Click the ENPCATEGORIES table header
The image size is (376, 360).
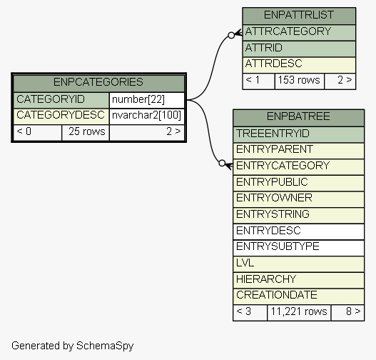pos(98,82)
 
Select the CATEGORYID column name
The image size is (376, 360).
pos(51,99)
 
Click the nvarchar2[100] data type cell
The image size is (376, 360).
pos(146,115)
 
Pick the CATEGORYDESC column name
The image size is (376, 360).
pos(61,115)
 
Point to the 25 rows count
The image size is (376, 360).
pos(87,131)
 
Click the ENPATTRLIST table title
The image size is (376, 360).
pos(299,15)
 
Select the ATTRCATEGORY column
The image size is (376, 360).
pos(288,31)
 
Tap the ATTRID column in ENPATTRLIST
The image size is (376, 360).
pos(263,48)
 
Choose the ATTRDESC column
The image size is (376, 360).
pos(273,64)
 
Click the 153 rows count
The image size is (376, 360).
pos(299,80)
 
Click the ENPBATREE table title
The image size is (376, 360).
pos(298,116)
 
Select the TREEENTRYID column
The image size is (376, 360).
pos(273,134)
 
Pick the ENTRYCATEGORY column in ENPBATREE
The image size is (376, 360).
pos(283,166)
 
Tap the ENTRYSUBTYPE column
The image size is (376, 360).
pos(278,246)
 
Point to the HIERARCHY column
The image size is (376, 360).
pos(266,279)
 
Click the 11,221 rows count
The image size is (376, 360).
pos(299,311)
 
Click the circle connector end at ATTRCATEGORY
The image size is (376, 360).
pos(231,35)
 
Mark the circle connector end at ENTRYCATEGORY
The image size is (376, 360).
pos(222,163)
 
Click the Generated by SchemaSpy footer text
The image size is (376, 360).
pos(73,346)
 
